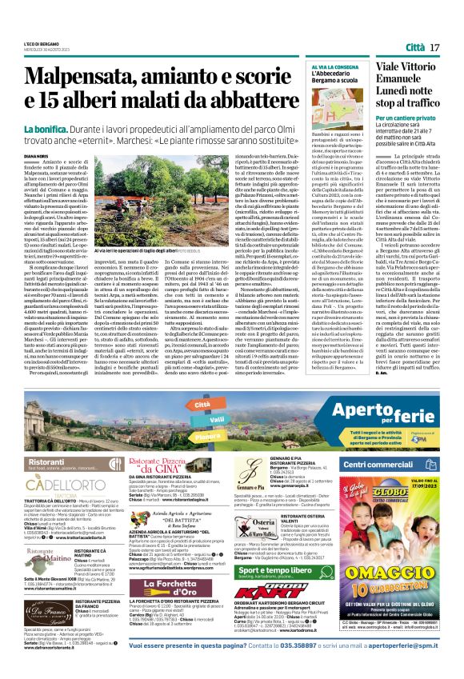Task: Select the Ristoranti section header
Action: tap(47, 462)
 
